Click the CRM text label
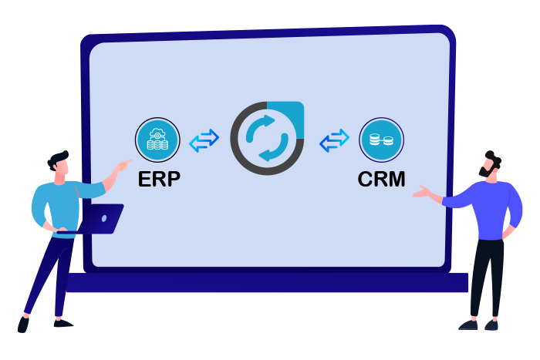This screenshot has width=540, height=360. pos(382,179)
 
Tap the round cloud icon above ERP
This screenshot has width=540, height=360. pos(157,140)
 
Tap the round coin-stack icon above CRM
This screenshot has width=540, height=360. pos(382,140)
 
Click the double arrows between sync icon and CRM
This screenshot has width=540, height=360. pos(334,140)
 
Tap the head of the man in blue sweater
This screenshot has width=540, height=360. pos(59,166)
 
